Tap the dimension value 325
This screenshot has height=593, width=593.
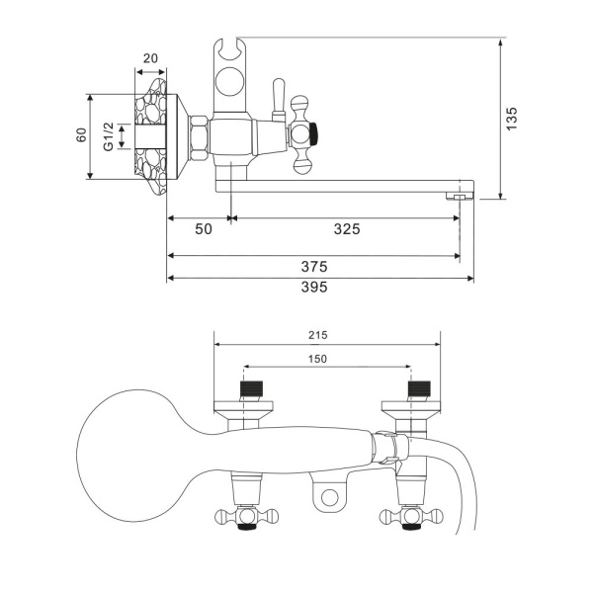coord(345,229)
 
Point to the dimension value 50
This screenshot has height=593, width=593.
coord(202,229)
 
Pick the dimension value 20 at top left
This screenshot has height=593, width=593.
coord(150,57)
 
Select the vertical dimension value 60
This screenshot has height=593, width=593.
coord(82,136)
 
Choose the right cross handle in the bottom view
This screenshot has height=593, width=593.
coord(408,515)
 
